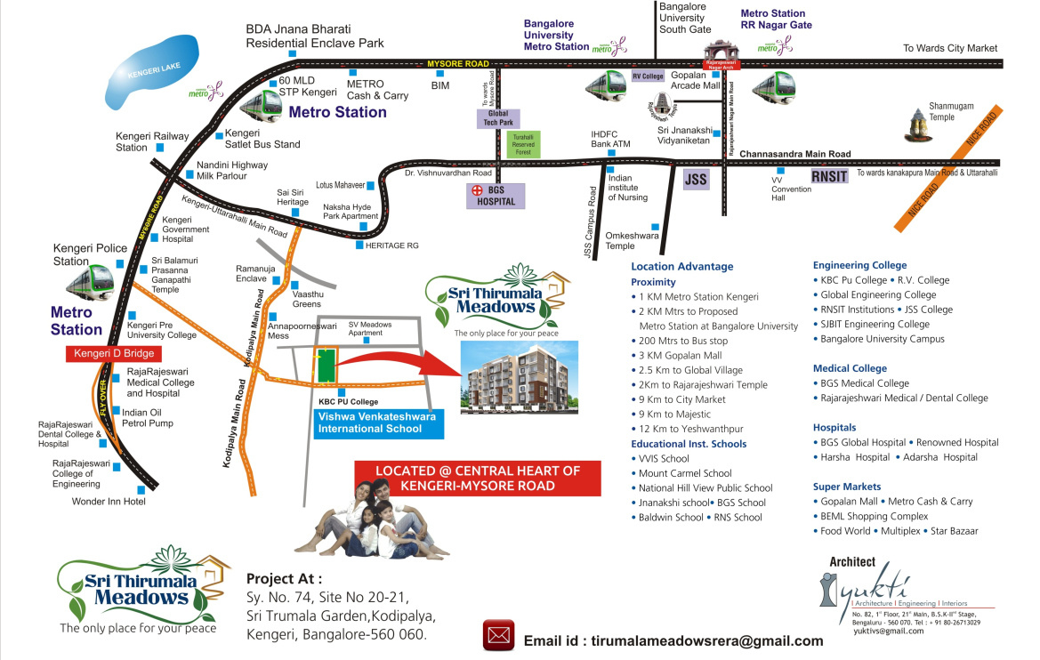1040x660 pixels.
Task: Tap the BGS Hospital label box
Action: [x=497, y=196]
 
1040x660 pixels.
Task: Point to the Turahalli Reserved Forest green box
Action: [x=522, y=145]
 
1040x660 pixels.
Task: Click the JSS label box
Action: [x=696, y=181]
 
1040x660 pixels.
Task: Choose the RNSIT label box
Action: [x=828, y=178]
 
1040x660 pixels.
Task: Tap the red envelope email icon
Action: [x=499, y=636]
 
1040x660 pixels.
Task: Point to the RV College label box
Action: [x=649, y=76]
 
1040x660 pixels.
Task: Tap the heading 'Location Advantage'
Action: [x=681, y=266]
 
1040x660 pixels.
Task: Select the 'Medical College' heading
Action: [x=850, y=368]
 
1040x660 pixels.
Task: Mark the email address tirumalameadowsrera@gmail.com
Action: [x=673, y=640]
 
